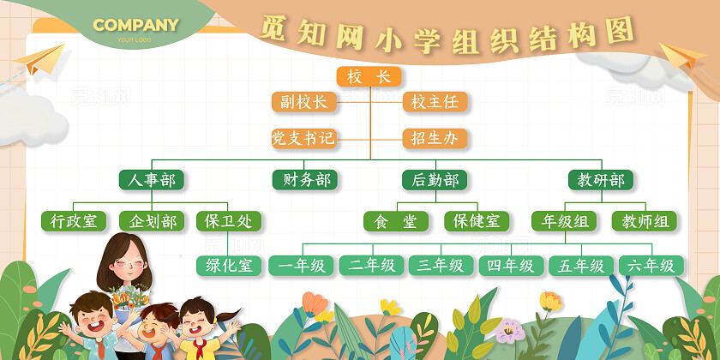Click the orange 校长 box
point(369,77)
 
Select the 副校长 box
point(304,102)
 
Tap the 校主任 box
point(435,102)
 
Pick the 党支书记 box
point(303,138)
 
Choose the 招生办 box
point(435,138)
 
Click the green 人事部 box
point(152,180)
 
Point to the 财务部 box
point(304,180)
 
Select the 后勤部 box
point(435,180)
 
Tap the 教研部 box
point(601,180)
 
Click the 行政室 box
point(74,221)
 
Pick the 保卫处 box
point(229,221)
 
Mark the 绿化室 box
point(229,266)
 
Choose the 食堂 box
point(396,221)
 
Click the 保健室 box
point(477,221)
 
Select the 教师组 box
point(644,221)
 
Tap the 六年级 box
point(651,266)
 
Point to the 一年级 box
point(301,266)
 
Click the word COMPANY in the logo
point(135,25)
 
